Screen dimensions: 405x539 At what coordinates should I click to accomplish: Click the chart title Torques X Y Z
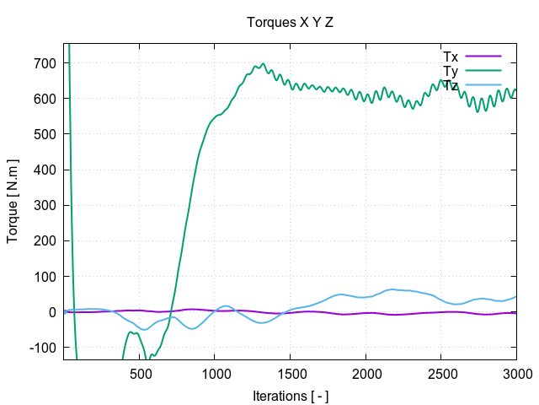[x=290, y=22]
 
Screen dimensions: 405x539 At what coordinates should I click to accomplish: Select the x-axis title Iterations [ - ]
[x=290, y=395]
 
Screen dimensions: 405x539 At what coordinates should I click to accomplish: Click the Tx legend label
[x=450, y=57]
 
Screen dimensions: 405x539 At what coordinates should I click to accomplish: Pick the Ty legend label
[x=450, y=71]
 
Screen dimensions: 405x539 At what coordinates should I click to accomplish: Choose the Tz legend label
[x=450, y=85]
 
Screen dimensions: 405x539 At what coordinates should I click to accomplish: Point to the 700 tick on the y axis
[x=45, y=63]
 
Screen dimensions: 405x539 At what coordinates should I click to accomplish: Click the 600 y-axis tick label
[x=45, y=99]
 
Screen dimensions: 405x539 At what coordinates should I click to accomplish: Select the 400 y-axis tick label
[x=45, y=170]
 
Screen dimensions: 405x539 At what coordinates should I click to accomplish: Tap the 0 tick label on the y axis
[x=52, y=312]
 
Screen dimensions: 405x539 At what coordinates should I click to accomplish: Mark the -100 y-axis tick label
[x=42, y=348]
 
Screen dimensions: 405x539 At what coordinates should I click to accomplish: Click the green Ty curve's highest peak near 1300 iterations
[x=263, y=64]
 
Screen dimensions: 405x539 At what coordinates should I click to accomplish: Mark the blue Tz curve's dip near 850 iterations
[x=192, y=328]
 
